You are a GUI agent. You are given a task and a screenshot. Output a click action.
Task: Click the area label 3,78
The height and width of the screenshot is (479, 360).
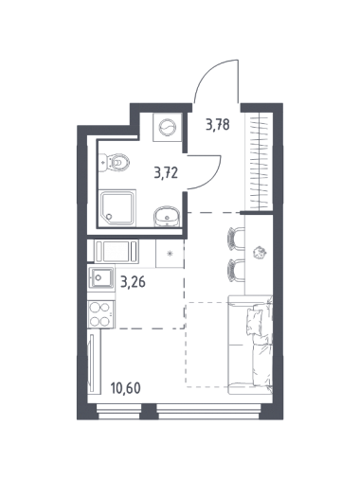click(217, 124)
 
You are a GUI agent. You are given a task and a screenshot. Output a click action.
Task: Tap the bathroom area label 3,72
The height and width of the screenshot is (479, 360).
click(166, 173)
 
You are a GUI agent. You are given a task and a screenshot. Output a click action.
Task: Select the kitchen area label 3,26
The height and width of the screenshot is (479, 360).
click(133, 281)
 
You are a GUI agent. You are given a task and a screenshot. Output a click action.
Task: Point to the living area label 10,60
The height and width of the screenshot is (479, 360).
click(125, 388)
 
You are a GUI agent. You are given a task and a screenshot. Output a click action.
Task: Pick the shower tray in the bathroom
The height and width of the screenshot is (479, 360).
click(117, 207)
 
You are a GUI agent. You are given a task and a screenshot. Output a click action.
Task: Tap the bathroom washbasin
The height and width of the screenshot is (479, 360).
click(167, 216)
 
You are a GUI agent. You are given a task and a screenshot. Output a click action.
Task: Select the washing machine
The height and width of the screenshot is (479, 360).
click(167, 127)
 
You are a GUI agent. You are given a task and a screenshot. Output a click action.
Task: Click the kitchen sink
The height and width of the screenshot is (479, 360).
click(101, 277)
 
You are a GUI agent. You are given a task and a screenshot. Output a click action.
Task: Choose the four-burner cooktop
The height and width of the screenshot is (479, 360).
click(101, 314)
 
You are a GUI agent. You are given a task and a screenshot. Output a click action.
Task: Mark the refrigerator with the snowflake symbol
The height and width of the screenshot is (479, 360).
click(170, 253)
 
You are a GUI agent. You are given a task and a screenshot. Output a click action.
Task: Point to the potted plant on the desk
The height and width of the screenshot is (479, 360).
click(261, 253)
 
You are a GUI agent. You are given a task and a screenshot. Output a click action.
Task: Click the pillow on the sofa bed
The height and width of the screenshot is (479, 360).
click(254, 320)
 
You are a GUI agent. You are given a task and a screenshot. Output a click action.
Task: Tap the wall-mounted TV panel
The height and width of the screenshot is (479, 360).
click(92, 363)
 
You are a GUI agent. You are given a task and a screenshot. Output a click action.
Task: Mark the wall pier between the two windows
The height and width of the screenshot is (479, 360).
click(149, 411)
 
